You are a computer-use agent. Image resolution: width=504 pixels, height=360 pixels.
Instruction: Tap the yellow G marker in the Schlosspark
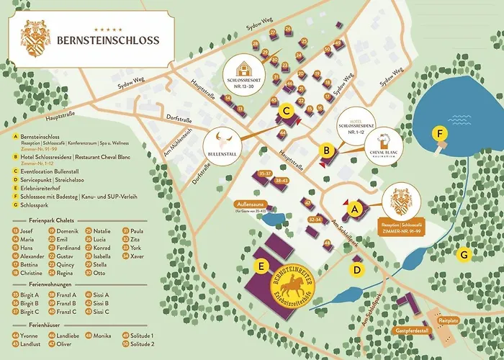[464, 254]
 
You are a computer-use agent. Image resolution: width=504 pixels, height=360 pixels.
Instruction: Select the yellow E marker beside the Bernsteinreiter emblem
[264, 266]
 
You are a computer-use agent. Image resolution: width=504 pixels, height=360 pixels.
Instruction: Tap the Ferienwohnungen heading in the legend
[43, 284]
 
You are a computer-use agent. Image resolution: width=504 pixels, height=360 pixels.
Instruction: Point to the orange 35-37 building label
[265, 174]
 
